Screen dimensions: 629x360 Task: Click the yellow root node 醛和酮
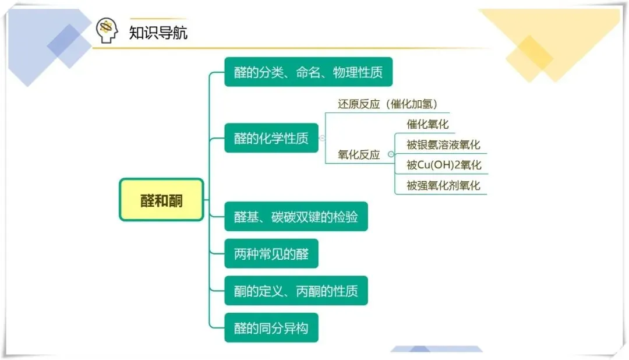click(161, 200)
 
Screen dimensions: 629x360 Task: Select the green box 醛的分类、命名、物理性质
click(308, 72)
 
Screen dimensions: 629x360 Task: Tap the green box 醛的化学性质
click(271, 139)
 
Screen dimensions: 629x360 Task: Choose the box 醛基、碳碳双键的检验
click(296, 217)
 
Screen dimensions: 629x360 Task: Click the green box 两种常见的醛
click(271, 254)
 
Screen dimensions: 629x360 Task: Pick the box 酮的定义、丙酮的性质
click(296, 291)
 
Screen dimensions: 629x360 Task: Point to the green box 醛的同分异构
click(271, 328)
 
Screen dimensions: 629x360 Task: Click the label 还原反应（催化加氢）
click(388, 104)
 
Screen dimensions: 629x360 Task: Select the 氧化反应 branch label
click(359, 154)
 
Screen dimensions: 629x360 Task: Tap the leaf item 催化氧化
click(427, 124)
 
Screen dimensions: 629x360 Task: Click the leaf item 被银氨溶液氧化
click(443, 144)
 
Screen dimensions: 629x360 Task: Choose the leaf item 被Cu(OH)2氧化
click(444, 165)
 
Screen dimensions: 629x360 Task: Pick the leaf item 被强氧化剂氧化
click(443, 185)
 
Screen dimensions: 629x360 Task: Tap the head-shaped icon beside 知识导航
click(107, 30)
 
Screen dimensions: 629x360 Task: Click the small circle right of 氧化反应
click(391, 154)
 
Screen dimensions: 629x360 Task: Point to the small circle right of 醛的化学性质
click(322, 139)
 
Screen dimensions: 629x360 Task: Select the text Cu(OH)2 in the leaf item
click(439, 165)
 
